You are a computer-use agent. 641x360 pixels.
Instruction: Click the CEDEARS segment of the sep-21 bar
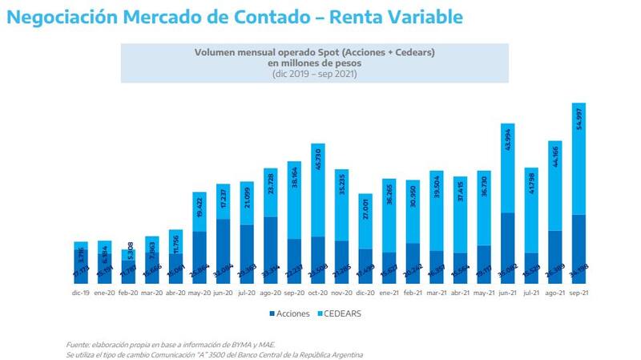pos(578,159)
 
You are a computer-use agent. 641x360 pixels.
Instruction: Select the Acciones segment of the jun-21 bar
pos(506,249)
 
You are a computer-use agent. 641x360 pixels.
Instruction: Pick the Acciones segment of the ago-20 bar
pos(270,250)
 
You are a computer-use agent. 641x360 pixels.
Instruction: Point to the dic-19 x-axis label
pos(81,294)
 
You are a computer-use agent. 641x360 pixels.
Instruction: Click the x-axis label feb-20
pos(128,294)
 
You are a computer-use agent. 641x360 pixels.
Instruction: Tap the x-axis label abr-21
pos(460,294)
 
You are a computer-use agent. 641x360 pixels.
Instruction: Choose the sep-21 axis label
pos(578,294)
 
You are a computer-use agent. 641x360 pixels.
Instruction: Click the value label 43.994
pos(508,143)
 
